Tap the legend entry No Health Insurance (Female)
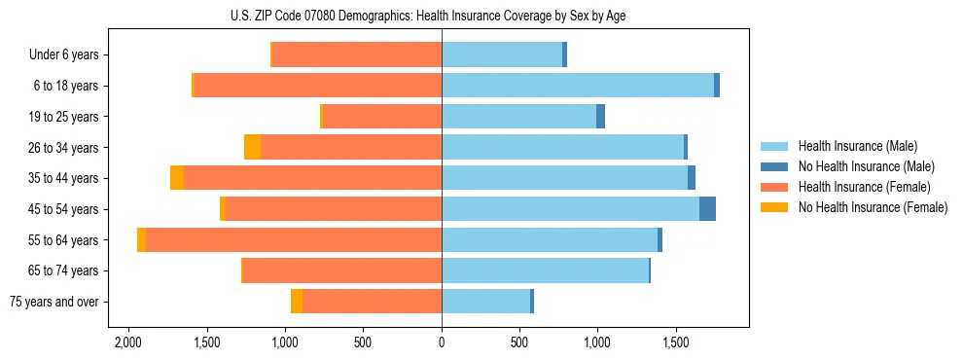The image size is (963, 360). click(873, 207)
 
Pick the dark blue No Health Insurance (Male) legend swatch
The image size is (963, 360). click(774, 166)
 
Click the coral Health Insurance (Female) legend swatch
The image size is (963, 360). click(774, 187)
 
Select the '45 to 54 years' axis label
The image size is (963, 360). click(63, 209)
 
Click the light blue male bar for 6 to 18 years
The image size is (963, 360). click(578, 86)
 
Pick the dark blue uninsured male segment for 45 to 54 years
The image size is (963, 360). click(707, 209)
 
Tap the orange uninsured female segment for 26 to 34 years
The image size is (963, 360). click(252, 147)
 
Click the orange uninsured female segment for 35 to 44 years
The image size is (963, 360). click(177, 178)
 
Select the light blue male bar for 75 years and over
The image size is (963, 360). click(486, 302)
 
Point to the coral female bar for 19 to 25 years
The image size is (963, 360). click(381, 117)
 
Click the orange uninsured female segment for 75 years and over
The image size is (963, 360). click(296, 302)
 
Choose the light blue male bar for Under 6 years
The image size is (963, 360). click(502, 54)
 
